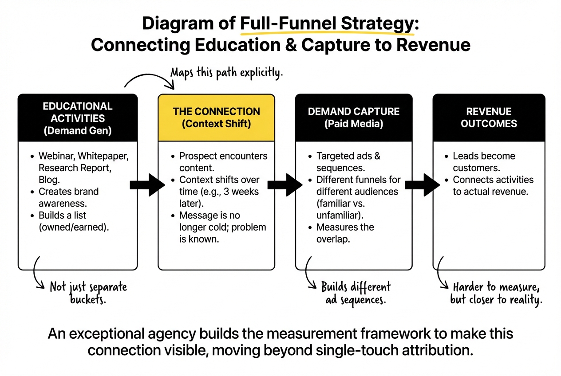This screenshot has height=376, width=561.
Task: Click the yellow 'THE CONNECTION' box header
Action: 216,117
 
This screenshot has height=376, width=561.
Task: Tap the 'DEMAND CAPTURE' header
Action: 354,117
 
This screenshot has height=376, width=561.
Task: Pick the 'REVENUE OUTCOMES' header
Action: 489,117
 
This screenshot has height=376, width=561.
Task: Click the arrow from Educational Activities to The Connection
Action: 147,184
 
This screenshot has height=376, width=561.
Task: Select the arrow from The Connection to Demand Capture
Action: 284,184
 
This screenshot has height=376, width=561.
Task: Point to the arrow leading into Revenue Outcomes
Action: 422,184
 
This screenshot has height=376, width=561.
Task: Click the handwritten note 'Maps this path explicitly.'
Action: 226,72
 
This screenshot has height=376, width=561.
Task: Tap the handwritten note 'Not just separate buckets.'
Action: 88,293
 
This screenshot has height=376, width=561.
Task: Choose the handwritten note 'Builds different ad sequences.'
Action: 356,293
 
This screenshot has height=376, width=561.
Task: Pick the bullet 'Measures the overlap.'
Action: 345,233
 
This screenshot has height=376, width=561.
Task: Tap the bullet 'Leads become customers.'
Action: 483,162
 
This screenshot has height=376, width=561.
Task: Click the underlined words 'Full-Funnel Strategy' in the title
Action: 327,24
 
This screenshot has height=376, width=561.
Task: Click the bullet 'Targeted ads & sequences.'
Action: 348,162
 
